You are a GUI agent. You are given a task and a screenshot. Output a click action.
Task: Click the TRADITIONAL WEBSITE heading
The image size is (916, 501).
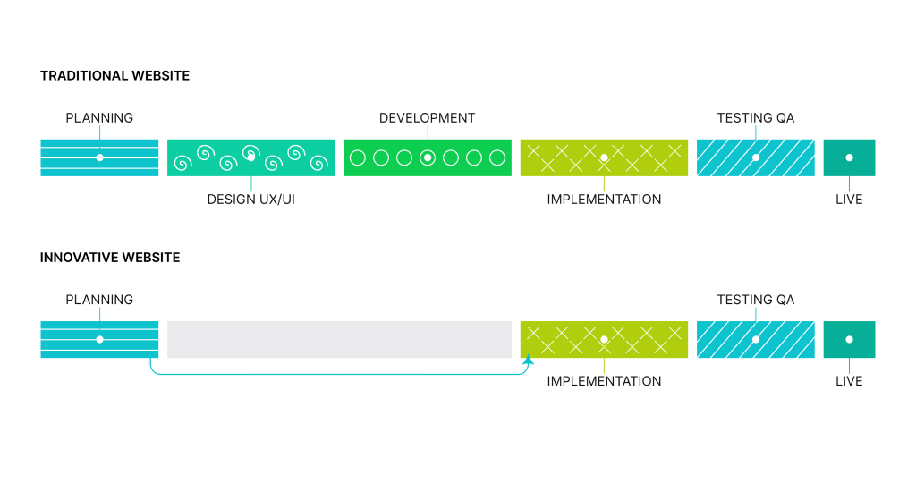click(x=114, y=76)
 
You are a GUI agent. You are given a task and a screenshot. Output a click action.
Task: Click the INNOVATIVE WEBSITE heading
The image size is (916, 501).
click(x=110, y=258)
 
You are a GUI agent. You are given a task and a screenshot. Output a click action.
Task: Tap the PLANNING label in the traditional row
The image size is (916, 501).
click(x=99, y=118)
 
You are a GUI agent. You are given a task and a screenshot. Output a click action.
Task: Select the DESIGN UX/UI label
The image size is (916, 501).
click(x=251, y=200)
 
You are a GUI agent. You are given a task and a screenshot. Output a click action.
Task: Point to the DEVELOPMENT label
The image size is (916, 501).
click(x=427, y=118)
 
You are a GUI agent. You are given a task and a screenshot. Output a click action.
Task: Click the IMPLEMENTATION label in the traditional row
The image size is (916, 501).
click(x=604, y=200)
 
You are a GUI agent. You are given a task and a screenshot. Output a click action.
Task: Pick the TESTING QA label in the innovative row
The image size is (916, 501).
click(x=755, y=300)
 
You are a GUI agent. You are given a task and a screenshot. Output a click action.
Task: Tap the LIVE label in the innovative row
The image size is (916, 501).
click(x=849, y=381)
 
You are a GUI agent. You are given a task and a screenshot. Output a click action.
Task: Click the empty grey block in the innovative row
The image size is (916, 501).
click(x=339, y=339)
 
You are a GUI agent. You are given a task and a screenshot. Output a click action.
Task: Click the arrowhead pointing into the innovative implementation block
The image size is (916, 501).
click(x=528, y=359)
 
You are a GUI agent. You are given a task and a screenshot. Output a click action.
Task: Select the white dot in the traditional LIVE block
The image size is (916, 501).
click(x=850, y=157)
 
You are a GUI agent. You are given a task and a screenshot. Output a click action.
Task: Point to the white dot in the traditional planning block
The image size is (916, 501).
click(x=100, y=157)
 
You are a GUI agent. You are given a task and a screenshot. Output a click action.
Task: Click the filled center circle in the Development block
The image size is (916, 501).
click(x=428, y=157)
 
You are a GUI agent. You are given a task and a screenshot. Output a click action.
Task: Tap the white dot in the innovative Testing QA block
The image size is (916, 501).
click(x=756, y=339)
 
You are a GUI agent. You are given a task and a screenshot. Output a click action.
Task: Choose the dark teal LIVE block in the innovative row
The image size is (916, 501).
click(x=850, y=339)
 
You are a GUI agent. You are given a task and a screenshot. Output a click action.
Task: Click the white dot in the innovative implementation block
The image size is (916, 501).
click(x=604, y=339)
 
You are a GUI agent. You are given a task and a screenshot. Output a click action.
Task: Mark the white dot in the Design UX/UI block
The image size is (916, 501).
click(x=251, y=157)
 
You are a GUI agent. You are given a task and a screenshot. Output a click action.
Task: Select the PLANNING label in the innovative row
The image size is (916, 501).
click(x=99, y=300)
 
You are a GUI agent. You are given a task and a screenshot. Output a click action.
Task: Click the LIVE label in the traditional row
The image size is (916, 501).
click(x=849, y=200)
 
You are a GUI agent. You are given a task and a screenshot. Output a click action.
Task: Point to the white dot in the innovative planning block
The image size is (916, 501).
click(x=100, y=339)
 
